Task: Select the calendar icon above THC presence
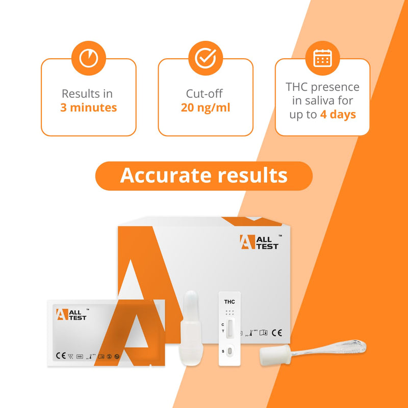coord(322,58)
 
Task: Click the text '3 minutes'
coord(88,108)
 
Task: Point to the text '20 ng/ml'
coord(205,108)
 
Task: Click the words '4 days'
coord(338,114)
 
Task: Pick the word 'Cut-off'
coord(205,94)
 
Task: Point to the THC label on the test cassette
coord(229,302)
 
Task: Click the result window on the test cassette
coord(229,328)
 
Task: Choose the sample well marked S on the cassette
coord(229,351)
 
